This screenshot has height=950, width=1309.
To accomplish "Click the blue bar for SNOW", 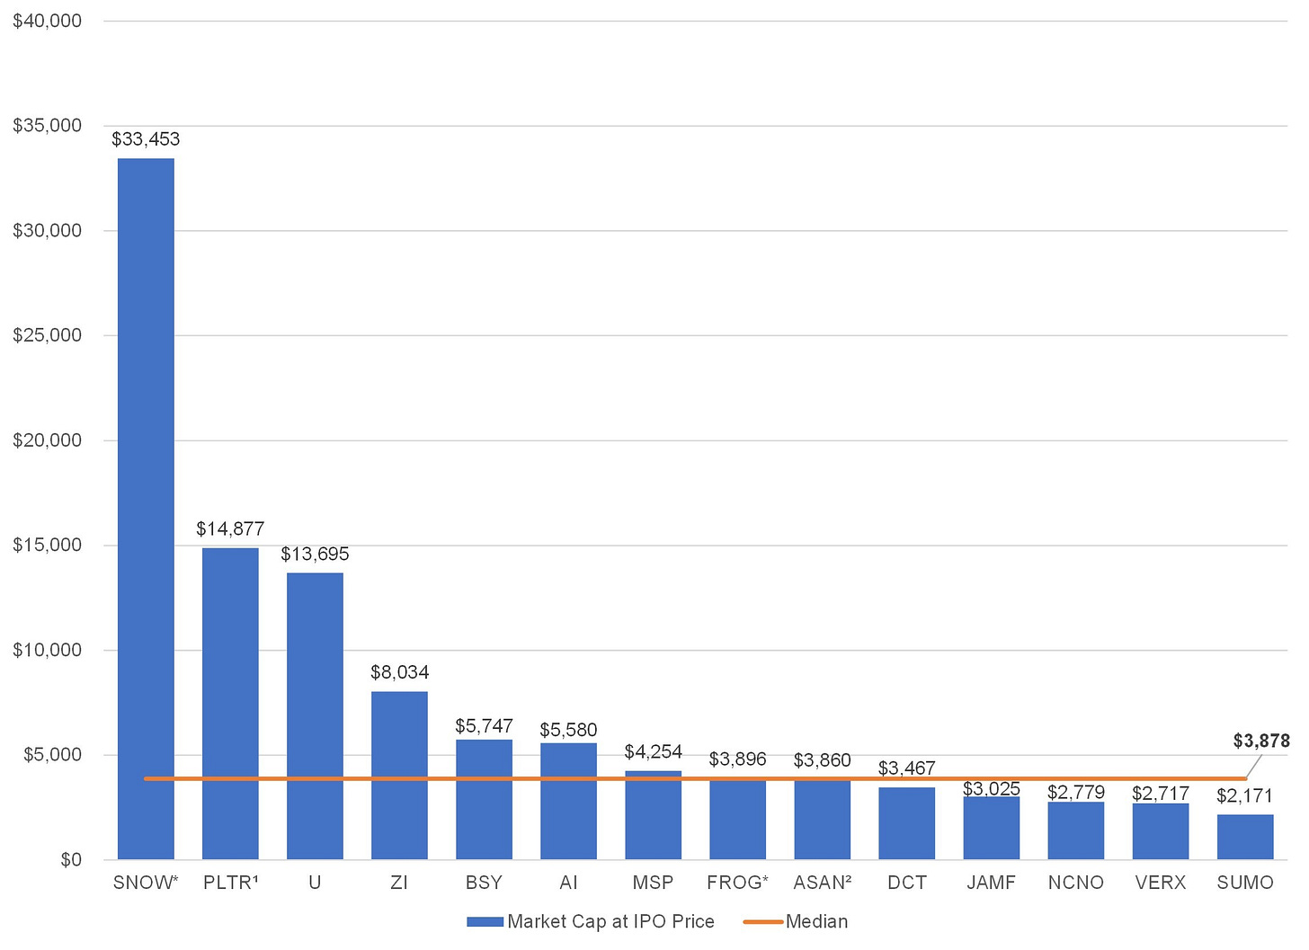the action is point(146,509).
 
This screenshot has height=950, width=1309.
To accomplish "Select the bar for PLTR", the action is point(230,704).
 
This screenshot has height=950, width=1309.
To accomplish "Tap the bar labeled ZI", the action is point(399,776).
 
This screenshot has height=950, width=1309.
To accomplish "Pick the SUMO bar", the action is point(1244,837).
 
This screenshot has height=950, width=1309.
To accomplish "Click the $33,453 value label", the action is point(146,139).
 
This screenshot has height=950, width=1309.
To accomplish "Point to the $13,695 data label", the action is point(315,554).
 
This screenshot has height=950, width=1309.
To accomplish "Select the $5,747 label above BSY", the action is point(484,725).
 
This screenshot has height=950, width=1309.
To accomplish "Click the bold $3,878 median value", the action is point(1261,741).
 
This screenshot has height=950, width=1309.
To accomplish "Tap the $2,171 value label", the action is point(1244,795).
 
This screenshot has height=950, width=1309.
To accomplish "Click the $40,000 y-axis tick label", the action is point(47,21).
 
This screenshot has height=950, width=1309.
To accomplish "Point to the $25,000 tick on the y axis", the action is point(47,334).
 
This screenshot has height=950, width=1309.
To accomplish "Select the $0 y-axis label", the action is point(71,859).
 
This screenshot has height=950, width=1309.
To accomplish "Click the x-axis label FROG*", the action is point(737,883).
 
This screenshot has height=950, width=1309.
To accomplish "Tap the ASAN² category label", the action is point(823,883).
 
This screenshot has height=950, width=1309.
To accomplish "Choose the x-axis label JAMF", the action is point(991,883).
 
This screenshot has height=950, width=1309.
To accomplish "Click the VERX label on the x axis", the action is point(1160,883).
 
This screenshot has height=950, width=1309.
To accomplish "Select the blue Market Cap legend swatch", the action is point(485,922).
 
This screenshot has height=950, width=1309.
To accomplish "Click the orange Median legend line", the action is point(762,922).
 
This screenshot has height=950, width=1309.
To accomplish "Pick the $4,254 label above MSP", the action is point(653,751).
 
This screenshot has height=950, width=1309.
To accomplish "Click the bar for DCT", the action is point(906,823).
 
